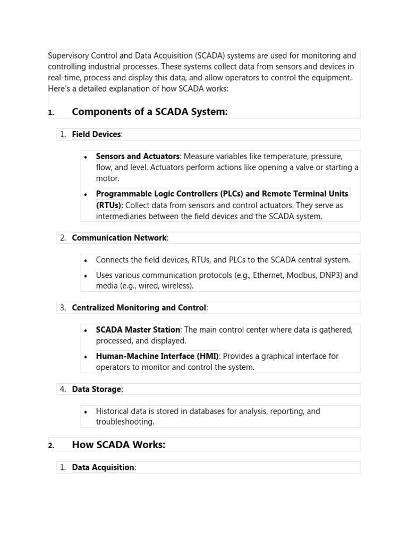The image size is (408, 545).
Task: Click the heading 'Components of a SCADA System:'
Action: pos(149,112)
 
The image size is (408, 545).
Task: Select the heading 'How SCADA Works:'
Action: pos(118,444)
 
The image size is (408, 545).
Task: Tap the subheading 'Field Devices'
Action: pos(96,135)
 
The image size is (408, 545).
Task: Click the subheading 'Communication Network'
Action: pos(119,238)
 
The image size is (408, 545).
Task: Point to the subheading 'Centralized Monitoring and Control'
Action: pos(139,308)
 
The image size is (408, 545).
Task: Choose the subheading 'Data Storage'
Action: pos(96,389)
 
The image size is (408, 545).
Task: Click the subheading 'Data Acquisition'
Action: pos(103,467)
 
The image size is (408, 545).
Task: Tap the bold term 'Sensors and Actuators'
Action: pos(138,156)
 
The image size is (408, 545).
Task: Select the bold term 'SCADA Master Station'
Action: pos(138,330)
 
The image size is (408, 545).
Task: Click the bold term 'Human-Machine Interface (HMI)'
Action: pos(157,356)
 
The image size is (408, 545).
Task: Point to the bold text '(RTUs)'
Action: pos(108,205)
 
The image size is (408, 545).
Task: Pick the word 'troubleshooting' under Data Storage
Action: pos(125,422)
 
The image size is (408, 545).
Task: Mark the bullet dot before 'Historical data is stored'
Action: pos(86,411)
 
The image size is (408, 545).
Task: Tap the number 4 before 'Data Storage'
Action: pos(62,389)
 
